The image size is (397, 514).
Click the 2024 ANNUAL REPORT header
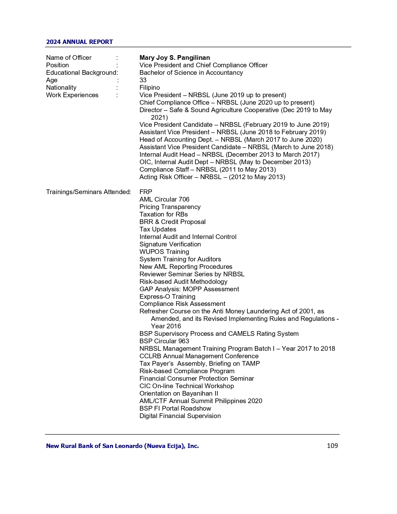tap(79, 42)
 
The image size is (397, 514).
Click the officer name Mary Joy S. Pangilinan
tap(174, 58)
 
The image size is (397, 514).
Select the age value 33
tap(143, 80)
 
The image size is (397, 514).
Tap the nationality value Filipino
tap(149, 88)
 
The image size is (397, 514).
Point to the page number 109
tap(332, 446)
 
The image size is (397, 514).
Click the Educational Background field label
tap(81, 73)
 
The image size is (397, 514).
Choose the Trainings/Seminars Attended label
tap(88, 192)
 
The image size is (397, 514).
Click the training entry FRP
tap(146, 192)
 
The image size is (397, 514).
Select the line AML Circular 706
tap(164, 199)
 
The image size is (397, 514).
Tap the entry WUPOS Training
tap(164, 252)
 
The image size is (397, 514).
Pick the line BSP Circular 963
tap(164, 341)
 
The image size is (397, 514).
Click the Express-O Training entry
tap(167, 297)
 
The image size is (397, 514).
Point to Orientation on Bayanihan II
tap(179, 393)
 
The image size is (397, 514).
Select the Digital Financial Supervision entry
tap(180, 416)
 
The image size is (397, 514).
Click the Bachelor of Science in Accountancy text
tap(191, 73)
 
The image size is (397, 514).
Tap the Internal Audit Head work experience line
tap(229, 155)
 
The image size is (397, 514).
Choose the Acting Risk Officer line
tap(212, 177)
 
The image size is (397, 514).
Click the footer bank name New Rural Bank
tap(122, 446)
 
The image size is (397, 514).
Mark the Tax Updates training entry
tap(158, 229)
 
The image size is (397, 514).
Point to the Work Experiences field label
tap(72, 95)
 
